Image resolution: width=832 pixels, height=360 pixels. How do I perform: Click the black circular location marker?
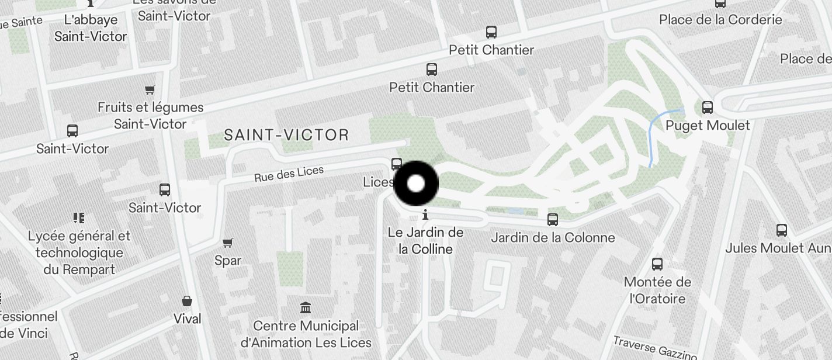tap(416, 184)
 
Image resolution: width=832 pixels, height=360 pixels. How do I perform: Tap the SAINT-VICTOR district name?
tap(286, 136)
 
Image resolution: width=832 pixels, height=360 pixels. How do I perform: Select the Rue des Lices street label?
tap(289, 174)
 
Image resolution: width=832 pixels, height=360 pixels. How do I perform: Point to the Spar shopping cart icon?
tap(228, 243)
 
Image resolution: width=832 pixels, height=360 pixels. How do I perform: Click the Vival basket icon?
tap(187, 302)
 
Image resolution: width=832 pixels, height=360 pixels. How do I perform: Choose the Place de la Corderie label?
tap(720, 20)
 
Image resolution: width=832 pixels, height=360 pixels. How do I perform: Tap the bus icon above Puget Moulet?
tap(708, 108)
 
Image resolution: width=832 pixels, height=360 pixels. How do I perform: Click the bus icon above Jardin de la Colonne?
tap(552, 220)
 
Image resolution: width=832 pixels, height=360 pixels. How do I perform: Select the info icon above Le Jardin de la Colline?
tap(425, 214)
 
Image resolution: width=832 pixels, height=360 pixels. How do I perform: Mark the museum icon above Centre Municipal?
tap(305, 308)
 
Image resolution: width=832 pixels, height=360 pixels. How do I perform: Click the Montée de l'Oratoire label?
tap(657, 290)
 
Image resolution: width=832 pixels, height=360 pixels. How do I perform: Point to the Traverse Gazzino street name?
tap(655, 347)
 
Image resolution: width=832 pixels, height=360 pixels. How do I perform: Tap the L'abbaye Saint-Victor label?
tap(91, 28)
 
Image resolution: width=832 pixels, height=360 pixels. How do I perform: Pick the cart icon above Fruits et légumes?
tap(150, 89)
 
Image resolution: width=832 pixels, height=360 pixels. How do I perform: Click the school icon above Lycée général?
tap(79, 218)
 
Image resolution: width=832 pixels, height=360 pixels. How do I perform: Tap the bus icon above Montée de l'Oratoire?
tap(657, 264)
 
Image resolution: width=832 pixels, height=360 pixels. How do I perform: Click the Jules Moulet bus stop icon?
tap(782, 230)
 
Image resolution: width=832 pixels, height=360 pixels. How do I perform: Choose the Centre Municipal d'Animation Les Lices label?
tap(306, 334)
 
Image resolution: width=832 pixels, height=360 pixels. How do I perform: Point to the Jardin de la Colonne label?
tap(553, 238)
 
